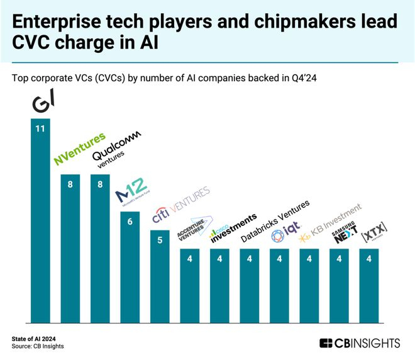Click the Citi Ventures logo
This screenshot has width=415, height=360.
(180, 206)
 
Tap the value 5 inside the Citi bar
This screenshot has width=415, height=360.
(160, 240)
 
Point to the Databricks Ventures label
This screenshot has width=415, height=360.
(276, 221)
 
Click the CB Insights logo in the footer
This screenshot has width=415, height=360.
(360, 343)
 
